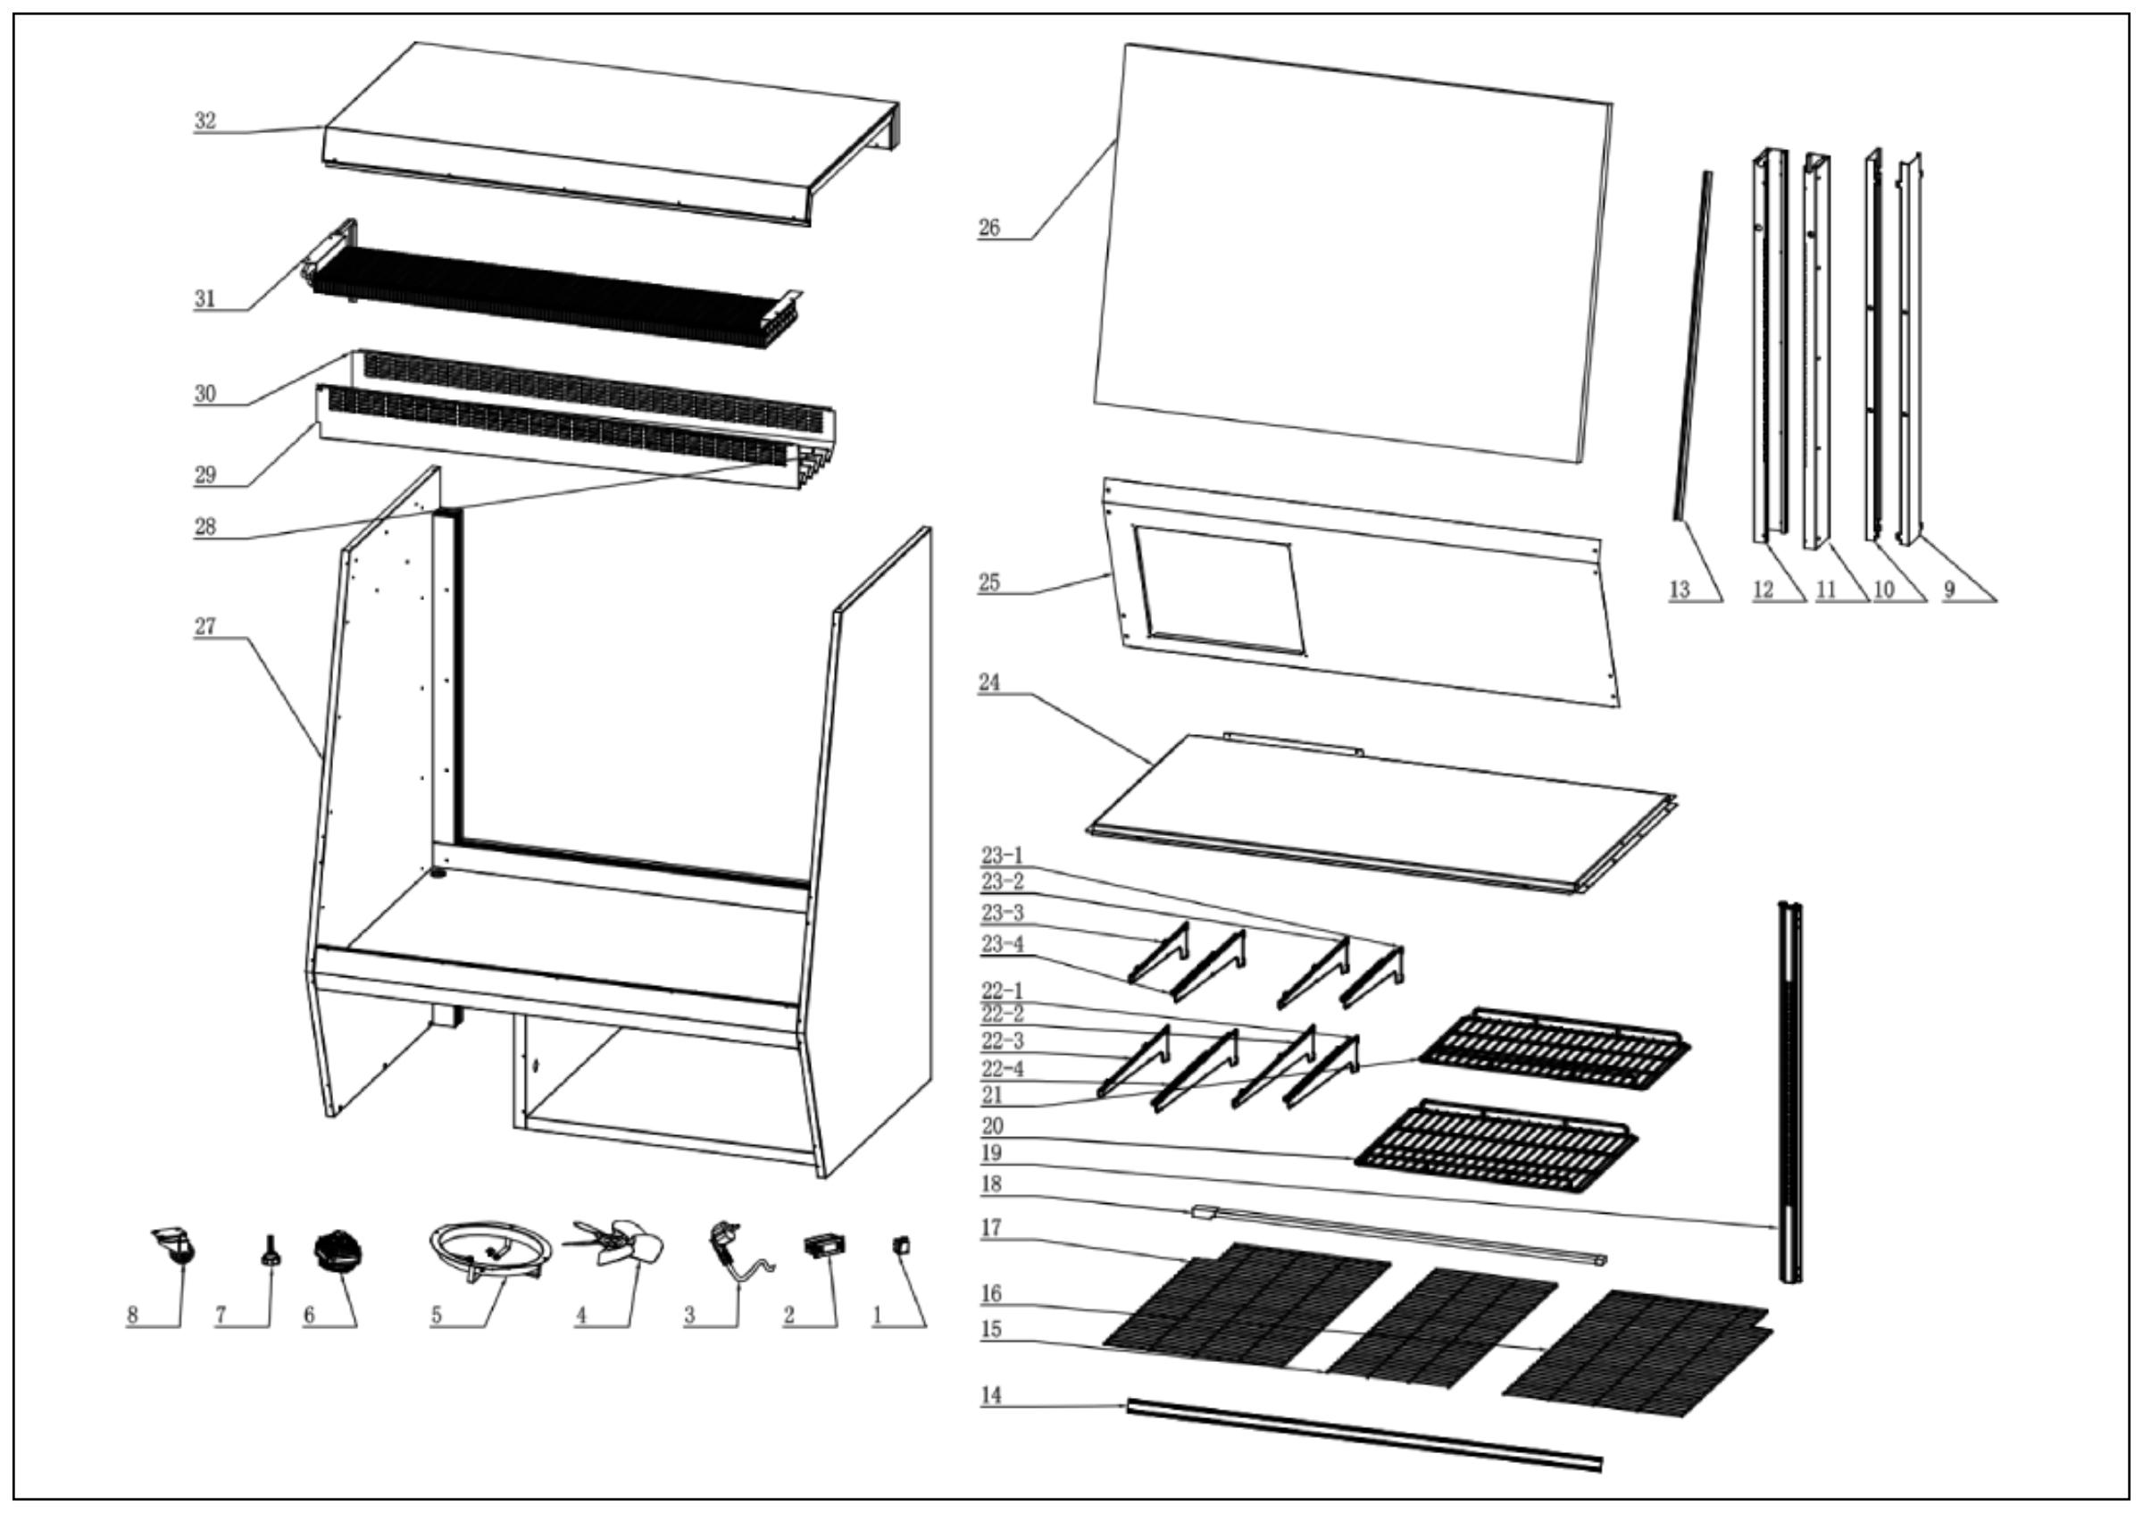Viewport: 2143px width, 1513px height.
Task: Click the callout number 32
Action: coord(204,121)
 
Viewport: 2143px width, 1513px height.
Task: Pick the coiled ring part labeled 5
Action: coord(489,1250)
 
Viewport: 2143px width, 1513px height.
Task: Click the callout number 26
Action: coord(988,228)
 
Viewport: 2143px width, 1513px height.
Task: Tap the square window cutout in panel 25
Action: coord(1218,588)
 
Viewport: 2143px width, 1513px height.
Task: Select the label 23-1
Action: coord(1002,856)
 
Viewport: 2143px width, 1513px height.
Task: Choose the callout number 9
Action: coord(1949,589)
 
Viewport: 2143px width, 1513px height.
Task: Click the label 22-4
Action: coord(1002,1069)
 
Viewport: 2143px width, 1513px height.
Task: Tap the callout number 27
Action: coord(204,626)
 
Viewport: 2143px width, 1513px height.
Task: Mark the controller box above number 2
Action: coord(825,1245)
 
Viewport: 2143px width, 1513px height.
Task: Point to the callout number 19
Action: coord(991,1153)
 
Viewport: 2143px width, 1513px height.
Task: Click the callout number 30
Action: coord(204,394)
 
